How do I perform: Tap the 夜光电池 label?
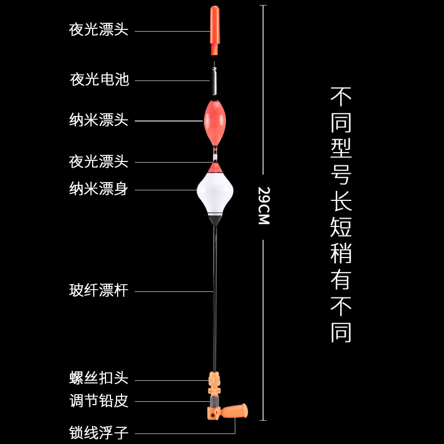pyautogui.click(x=99, y=80)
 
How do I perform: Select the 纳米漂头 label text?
pyautogui.click(x=99, y=120)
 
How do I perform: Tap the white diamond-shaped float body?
pyautogui.click(x=214, y=191)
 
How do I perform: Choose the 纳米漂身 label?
pyautogui.click(x=99, y=189)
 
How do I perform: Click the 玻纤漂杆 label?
pyautogui.click(x=99, y=291)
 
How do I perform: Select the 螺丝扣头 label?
pyautogui.click(x=99, y=379)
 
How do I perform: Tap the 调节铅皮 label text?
pyautogui.click(x=99, y=401)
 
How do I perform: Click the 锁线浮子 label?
pyautogui.click(x=99, y=432)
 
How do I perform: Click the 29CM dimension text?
pyautogui.click(x=264, y=205)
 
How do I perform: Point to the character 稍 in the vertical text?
pyautogui.click(x=341, y=253)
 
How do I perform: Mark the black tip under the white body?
pyautogui.click(x=214, y=220)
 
